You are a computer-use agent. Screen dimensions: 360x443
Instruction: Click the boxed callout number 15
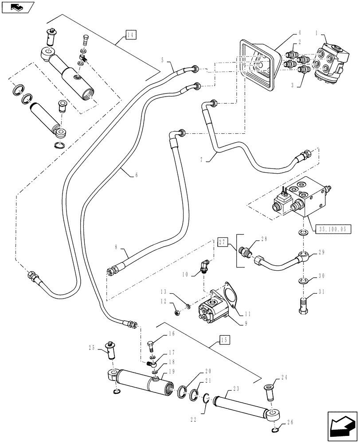click(225, 340)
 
